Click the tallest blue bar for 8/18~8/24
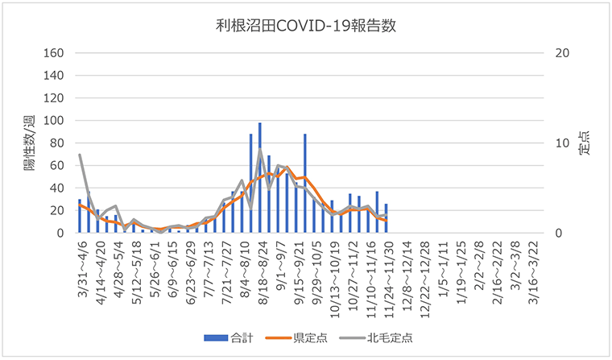pos(259,177)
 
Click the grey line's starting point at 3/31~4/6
pos(80,155)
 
